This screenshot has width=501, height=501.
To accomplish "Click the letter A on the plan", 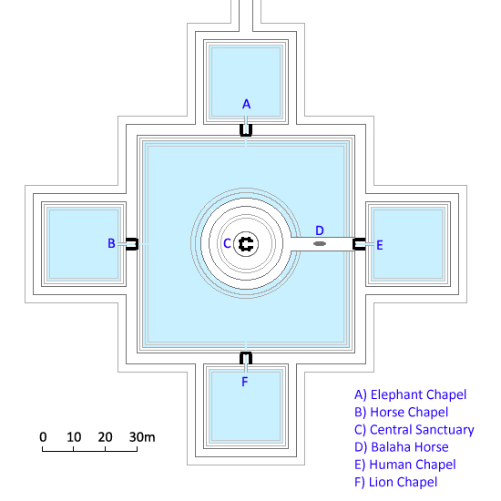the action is tap(246, 104).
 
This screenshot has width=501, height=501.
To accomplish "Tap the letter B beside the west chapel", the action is tap(111, 243).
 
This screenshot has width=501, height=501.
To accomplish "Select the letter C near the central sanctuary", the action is tap(227, 243).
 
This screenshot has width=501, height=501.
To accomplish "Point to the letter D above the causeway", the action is tap(320, 230).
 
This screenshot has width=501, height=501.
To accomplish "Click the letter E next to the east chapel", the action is tap(380, 245).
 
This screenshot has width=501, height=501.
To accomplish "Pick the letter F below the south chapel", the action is tap(245, 382).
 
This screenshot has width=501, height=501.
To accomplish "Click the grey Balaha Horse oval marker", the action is tap(320, 244).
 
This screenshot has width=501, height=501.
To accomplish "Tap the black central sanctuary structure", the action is tap(246, 244).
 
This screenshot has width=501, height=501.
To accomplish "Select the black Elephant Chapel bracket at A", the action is tap(246, 130).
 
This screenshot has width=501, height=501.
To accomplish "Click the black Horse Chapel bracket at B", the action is tap(132, 244).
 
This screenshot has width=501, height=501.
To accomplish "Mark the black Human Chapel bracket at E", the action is tap(359, 244).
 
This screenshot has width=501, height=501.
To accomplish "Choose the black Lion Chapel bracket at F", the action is tap(246, 358).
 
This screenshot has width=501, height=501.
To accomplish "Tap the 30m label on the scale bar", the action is tap(142, 436).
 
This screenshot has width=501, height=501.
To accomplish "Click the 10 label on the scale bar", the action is tap(74, 436).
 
